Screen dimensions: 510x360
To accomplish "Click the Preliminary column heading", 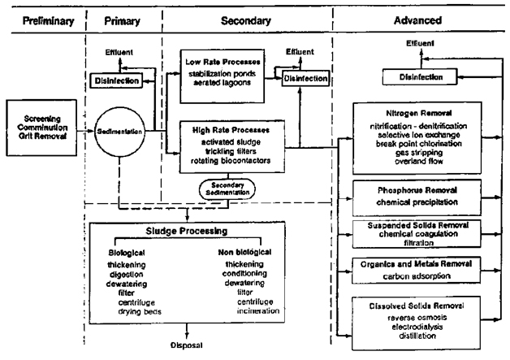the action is tap(48, 21).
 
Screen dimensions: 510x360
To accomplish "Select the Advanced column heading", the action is tap(418, 20).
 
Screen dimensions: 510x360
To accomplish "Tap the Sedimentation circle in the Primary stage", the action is tap(119, 132).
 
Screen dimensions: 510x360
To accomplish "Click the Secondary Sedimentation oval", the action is tap(227, 189).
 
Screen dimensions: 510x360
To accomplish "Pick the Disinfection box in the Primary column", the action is tap(116, 80).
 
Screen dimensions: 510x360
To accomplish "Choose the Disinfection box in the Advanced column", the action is tap(420, 77).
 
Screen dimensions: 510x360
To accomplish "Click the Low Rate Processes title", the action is tap(223, 62).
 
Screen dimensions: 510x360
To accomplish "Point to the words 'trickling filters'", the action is tap(231, 151).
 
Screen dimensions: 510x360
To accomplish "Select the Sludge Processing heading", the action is tap(187, 231).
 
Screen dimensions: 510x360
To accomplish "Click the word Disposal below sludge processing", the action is tap(186, 345).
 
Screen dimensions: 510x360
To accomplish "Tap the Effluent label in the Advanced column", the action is tap(420, 43).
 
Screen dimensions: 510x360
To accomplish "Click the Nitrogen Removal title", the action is tap(418, 113).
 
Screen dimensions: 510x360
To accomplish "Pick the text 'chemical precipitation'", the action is tap(417, 202).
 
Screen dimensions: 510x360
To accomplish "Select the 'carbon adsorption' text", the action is tap(417, 276).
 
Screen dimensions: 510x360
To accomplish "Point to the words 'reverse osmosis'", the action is tap(417, 318).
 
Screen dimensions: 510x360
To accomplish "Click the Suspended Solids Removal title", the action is tap(418, 225).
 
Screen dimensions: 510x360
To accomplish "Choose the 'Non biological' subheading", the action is tap(244, 252).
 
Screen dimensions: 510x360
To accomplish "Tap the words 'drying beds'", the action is tap(140, 312).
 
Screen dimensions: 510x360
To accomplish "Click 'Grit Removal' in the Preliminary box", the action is tap(42, 136).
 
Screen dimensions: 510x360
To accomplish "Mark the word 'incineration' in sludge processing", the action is tap(258, 311).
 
